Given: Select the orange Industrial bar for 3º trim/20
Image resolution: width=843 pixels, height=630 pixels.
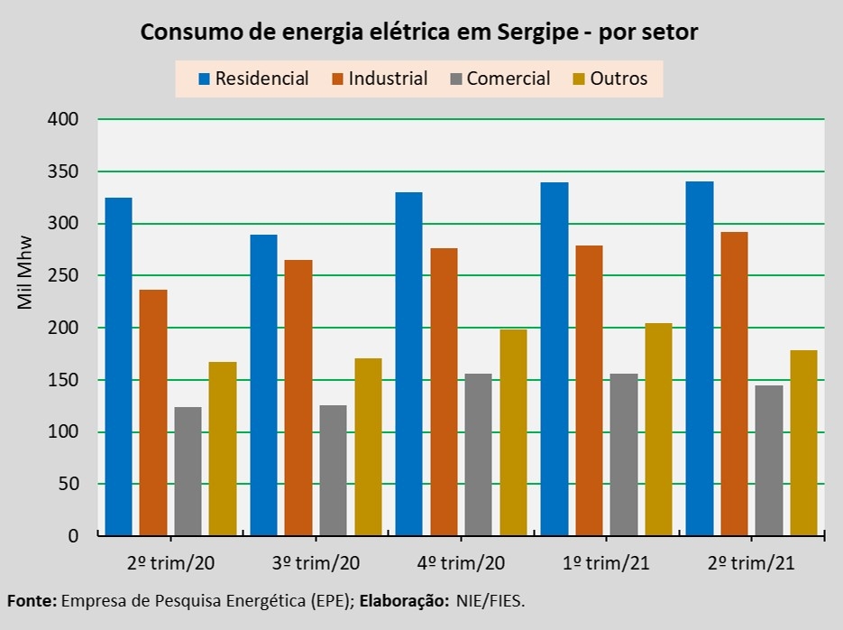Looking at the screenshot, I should [x=298, y=398].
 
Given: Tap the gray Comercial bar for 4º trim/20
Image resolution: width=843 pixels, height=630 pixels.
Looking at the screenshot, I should [x=478, y=455].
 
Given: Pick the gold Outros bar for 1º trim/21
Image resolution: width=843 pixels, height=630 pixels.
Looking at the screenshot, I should [x=658, y=430].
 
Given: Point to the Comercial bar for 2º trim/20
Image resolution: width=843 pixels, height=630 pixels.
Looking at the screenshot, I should [x=188, y=471].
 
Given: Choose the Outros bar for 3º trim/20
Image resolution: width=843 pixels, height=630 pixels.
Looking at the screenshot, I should [x=368, y=447].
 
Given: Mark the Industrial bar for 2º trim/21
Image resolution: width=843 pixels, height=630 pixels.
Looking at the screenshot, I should [x=734, y=384].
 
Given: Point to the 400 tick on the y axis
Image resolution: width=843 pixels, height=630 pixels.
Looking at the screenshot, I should [x=63, y=119].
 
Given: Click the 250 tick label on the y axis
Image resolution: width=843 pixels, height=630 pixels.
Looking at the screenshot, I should [x=63, y=275].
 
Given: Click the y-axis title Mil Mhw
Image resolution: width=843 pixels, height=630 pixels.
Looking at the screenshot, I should [x=25, y=272].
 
